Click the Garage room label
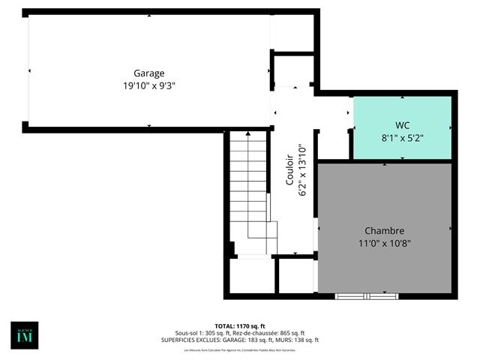[149, 73]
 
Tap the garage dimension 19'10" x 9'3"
[149, 85]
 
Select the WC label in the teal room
[402, 124]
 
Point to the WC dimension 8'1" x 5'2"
[402, 137]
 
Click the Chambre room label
[385, 230]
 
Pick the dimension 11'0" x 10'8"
[385, 243]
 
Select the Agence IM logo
[24, 334]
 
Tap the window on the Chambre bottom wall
[366, 296]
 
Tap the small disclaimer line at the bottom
[239, 350]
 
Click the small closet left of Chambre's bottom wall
[295, 276]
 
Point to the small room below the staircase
[250, 276]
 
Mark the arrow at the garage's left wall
[30, 70]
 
